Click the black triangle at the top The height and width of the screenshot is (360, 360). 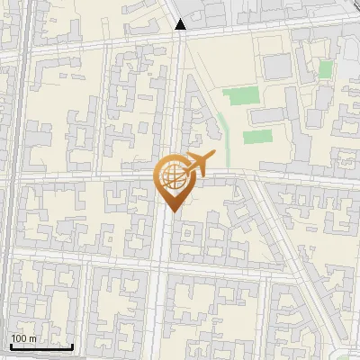(181, 24)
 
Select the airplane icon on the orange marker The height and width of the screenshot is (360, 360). (197, 166)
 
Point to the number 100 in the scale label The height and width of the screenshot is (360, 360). (20, 338)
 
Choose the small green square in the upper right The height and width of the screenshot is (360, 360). (325, 69)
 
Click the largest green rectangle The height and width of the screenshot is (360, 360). (238, 95)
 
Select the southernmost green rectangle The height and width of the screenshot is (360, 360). (257, 138)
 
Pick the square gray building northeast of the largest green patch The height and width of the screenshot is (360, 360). (275, 66)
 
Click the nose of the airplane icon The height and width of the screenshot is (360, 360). (212, 156)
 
